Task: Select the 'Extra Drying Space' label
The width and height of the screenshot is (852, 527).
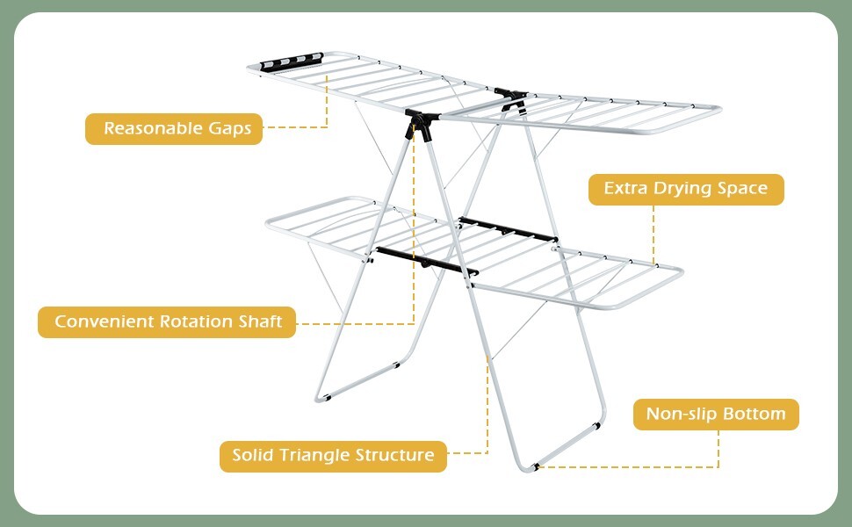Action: (x=685, y=189)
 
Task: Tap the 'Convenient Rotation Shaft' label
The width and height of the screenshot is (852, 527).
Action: (x=167, y=321)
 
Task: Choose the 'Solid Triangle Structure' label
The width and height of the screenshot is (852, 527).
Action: (x=333, y=456)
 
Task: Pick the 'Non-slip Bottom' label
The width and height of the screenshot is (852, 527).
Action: (x=716, y=415)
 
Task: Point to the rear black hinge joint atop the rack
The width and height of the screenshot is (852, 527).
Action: (x=510, y=95)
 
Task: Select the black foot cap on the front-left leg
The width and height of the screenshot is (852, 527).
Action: (x=323, y=399)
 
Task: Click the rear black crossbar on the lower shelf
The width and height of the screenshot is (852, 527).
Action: (x=507, y=232)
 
